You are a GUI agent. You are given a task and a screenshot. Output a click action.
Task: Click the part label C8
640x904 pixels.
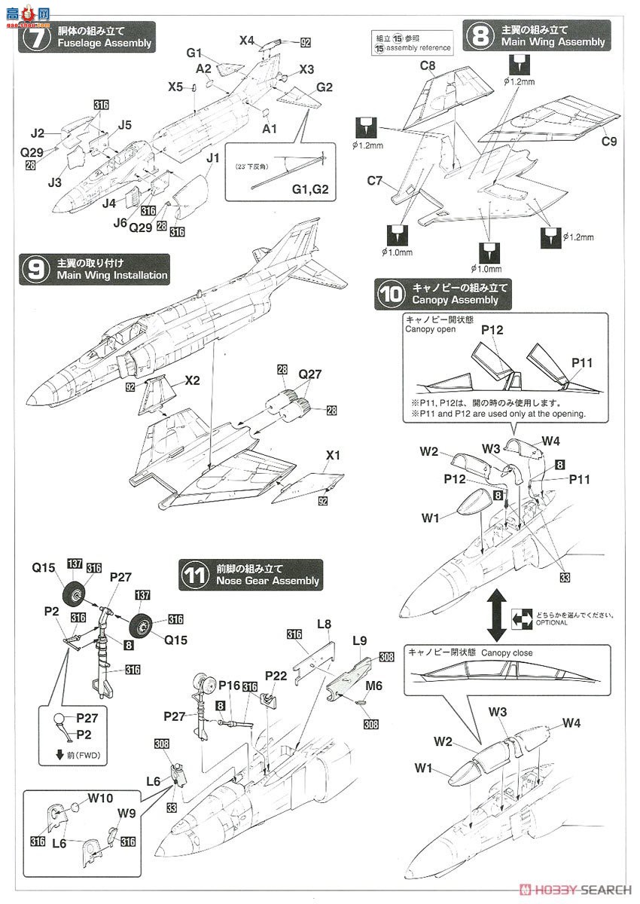pyautogui.click(x=427, y=66)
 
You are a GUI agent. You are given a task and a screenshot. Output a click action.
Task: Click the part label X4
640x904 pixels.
pyautogui.click(x=247, y=41)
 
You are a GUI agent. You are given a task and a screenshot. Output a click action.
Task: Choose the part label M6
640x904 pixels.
pyautogui.click(x=374, y=686)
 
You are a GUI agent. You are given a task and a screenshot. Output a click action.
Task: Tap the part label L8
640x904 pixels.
pyautogui.click(x=325, y=625)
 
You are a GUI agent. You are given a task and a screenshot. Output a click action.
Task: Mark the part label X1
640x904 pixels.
pyautogui.click(x=334, y=456)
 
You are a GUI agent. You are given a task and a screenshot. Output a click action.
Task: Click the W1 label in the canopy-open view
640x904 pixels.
pyautogui.click(x=430, y=518)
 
